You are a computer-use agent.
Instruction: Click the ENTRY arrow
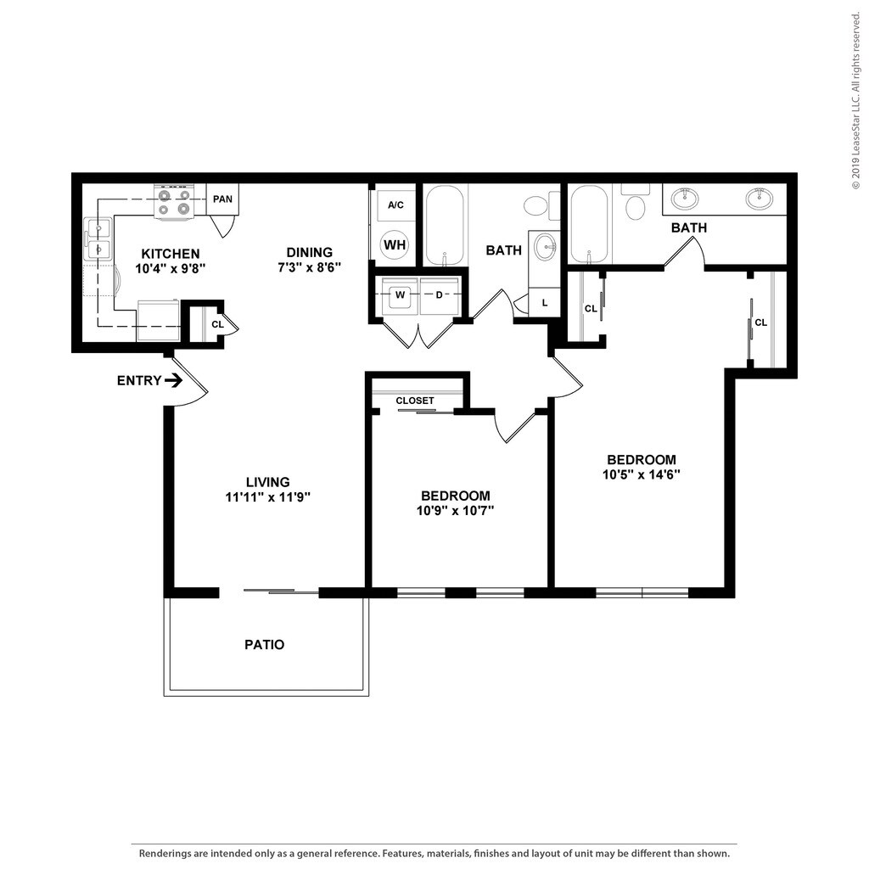coord(175,380)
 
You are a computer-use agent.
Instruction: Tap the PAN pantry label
coord(223,199)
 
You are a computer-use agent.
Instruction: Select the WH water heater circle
coord(395,244)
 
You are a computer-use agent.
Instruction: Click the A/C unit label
coord(395,205)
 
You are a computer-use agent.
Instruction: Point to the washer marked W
coord(400,295)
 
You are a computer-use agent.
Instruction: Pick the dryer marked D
coord(440,295)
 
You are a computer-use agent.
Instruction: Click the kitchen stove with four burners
coord(173,202)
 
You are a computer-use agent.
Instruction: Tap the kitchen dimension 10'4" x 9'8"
coord(171,269)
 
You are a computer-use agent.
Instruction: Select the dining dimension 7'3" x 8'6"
coord(309,267)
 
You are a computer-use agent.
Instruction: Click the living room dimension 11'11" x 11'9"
coord(267,497)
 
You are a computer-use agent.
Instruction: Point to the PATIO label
coord(265,645)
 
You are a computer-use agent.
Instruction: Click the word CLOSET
coord(415,401)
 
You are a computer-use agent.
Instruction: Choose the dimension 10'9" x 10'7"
coord(456,510)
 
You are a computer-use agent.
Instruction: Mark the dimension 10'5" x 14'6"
coord(642,474)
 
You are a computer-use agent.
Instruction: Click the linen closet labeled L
coord(545,303)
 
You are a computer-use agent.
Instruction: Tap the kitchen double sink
coord(98,238)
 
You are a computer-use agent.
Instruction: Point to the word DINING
coord(309,252)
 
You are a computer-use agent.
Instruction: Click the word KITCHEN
coord(171,254)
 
